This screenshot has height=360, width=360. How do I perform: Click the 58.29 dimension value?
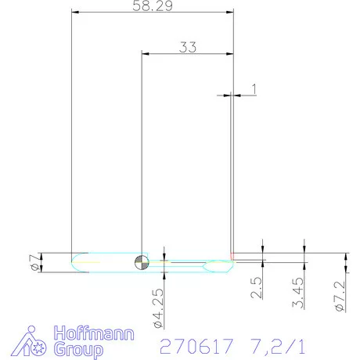pos(153,5)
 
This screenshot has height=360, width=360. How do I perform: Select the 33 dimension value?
pos(187,46)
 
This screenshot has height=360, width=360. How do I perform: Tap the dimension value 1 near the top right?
pos(254,89)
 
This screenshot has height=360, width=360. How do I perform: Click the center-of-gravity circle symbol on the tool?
pos(141,262)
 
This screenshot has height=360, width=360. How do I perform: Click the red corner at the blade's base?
pos(234,257)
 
